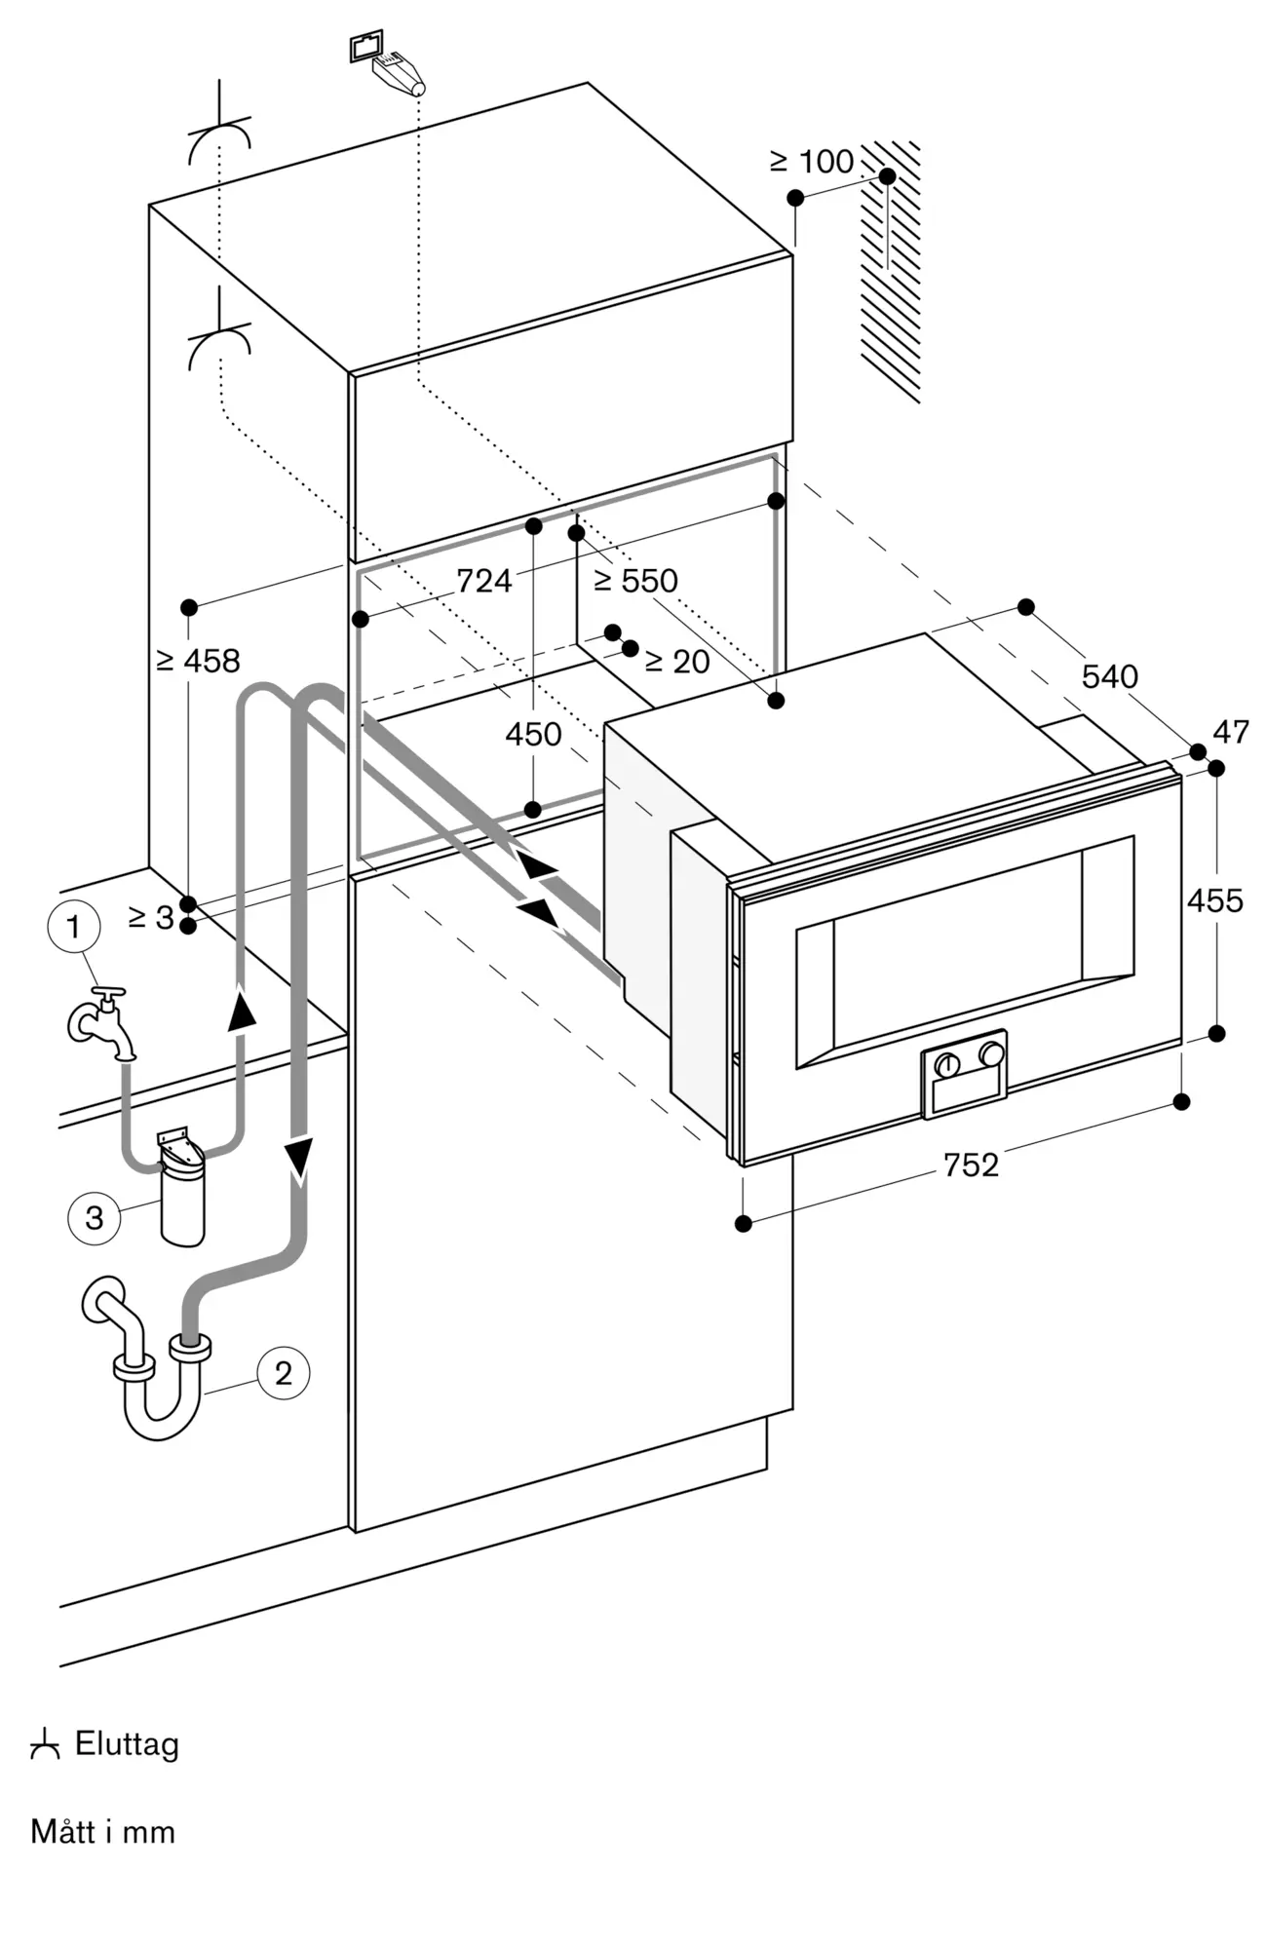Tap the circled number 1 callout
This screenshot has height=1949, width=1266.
(73, 927)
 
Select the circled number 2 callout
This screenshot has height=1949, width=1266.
(283, 1373)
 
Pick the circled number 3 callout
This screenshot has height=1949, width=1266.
(94, 1217)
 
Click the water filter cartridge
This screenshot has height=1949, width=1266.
(182, 1188)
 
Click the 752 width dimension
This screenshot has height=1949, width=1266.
(971, 1165)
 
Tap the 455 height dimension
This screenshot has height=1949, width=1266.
(1214, 900)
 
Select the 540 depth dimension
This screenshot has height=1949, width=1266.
(1109, 675)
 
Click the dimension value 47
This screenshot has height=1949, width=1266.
(1231, 732)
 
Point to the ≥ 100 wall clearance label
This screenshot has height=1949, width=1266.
(811, 161)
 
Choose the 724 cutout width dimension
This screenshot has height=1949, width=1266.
(483, 581)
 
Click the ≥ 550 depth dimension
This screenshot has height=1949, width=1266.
(635, 581)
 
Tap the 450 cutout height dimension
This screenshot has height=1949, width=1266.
(533, 734)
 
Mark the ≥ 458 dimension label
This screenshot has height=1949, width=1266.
(197, 661)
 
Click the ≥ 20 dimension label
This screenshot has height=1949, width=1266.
(677, 662)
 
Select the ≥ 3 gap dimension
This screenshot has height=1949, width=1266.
(151, 917)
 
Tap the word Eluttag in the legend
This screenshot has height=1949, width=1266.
(127, 1743)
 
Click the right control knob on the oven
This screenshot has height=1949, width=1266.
(991, 1054)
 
